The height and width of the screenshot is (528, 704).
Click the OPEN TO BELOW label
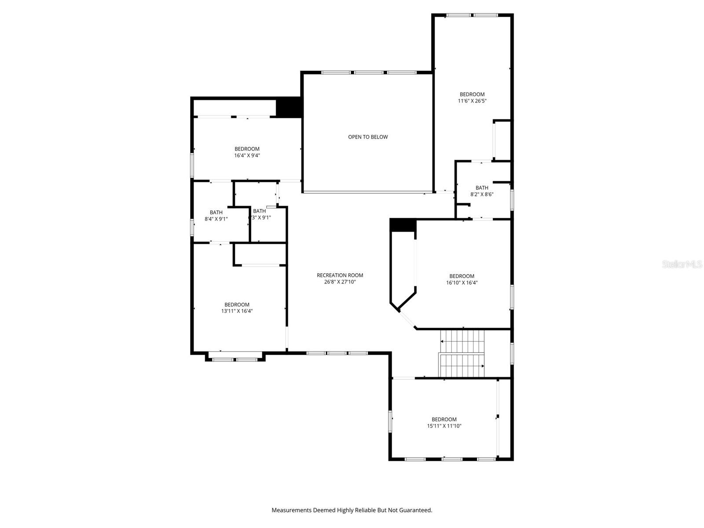pos(368,137)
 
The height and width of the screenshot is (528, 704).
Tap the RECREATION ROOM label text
pos(340,275)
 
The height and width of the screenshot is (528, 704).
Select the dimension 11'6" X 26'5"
pos(472,101)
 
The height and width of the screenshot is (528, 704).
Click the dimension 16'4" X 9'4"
pos(247,155)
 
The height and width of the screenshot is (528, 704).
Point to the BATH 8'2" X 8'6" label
pos(481,191)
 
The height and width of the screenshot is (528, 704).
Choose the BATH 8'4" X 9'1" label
pos(216,216)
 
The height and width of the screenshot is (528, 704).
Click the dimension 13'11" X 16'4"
pos(237,311)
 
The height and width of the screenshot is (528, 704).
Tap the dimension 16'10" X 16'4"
pos(462,283)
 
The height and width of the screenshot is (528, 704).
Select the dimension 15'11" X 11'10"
pos(444,426)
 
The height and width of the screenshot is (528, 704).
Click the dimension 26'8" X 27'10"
pos(340,282)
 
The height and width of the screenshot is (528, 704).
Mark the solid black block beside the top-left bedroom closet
pos(288,108)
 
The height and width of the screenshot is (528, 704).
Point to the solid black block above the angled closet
pos(403,225)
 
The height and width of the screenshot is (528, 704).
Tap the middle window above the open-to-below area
pos(369,72)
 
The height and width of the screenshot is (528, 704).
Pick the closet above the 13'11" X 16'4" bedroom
pos(260,254)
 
